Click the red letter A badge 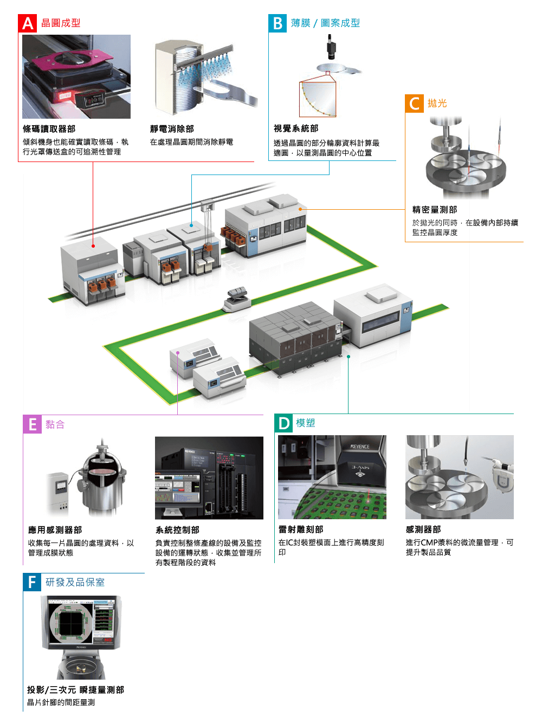(27, 23)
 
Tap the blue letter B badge (278, 23)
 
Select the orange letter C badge (414, 104)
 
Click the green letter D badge (284, 423)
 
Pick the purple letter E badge (33, 424)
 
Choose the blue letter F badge (32, 583)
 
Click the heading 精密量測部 (435, 210)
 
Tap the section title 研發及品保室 (75, 583)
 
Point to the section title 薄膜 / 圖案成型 (325, 23)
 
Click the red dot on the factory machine (93, 246)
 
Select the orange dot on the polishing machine (300, 209)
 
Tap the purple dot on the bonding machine (178, 353)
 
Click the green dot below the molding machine (349, 357)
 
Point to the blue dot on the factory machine (191, 224)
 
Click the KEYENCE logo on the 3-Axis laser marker (360, 447)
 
